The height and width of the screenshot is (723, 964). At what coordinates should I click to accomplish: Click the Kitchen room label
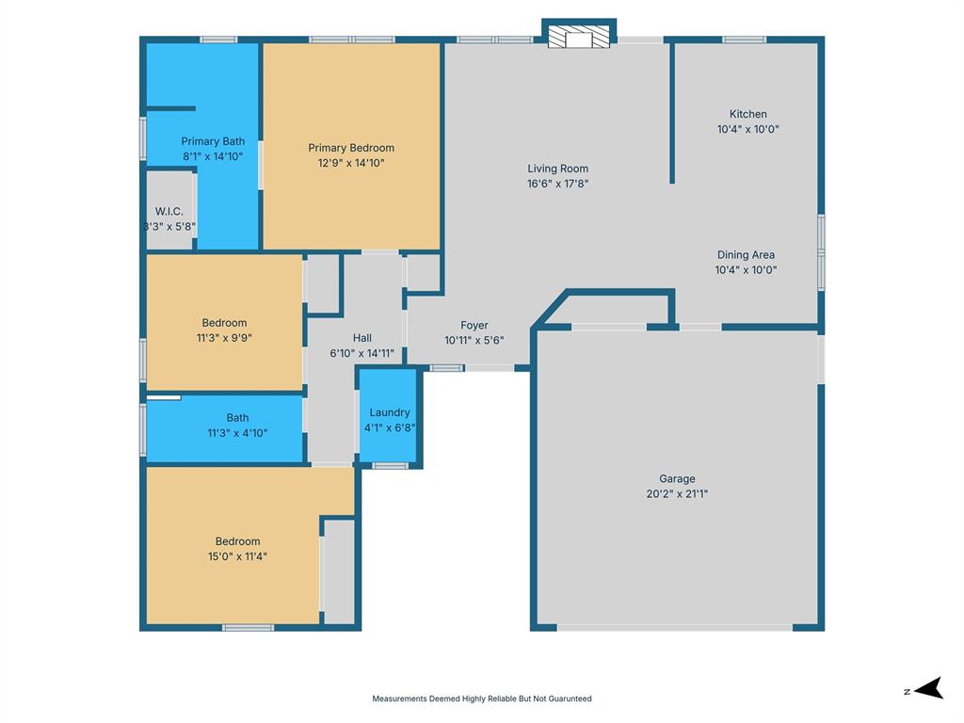click(x=747, y=114)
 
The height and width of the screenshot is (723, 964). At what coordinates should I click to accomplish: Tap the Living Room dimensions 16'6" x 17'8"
click(x=557, y=184)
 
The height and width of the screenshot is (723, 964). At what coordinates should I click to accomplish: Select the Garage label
click(x=677, y=478)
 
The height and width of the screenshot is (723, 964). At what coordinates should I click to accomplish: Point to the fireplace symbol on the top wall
click(x=579, y=37)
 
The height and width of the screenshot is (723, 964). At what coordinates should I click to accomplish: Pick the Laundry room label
click(x=389, y=412)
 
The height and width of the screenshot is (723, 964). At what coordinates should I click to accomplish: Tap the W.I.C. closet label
click(x=169, y=212)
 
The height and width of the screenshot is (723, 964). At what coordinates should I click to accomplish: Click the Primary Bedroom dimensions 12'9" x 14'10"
click(x=351, y=163)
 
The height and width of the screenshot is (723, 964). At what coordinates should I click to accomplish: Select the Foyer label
click(x=474, y=325)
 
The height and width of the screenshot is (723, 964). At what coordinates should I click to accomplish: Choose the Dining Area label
click(x=746, y=254)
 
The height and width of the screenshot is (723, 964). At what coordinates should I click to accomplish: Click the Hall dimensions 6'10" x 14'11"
click(x=362, y=353)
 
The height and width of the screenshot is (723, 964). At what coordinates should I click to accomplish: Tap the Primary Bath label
click(x=213, y=141)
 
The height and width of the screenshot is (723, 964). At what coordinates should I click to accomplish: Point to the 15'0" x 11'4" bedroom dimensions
click(x=237, y=556)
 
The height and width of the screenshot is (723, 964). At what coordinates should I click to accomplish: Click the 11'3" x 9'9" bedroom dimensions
click(x=224, y=338)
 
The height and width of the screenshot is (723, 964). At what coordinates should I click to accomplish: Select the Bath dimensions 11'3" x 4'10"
click(x=237, y=433)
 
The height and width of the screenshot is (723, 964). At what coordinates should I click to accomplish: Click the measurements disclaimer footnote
click(x=482, y=699)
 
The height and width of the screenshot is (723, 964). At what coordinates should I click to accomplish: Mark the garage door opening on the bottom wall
click(x=674, y=628)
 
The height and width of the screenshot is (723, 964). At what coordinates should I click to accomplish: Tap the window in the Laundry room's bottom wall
click(x=390, y=466)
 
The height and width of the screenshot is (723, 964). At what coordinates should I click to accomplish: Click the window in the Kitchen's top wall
click(x=744, y=40)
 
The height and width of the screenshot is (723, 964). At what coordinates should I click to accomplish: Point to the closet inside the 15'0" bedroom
click(x=339, y=572)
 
